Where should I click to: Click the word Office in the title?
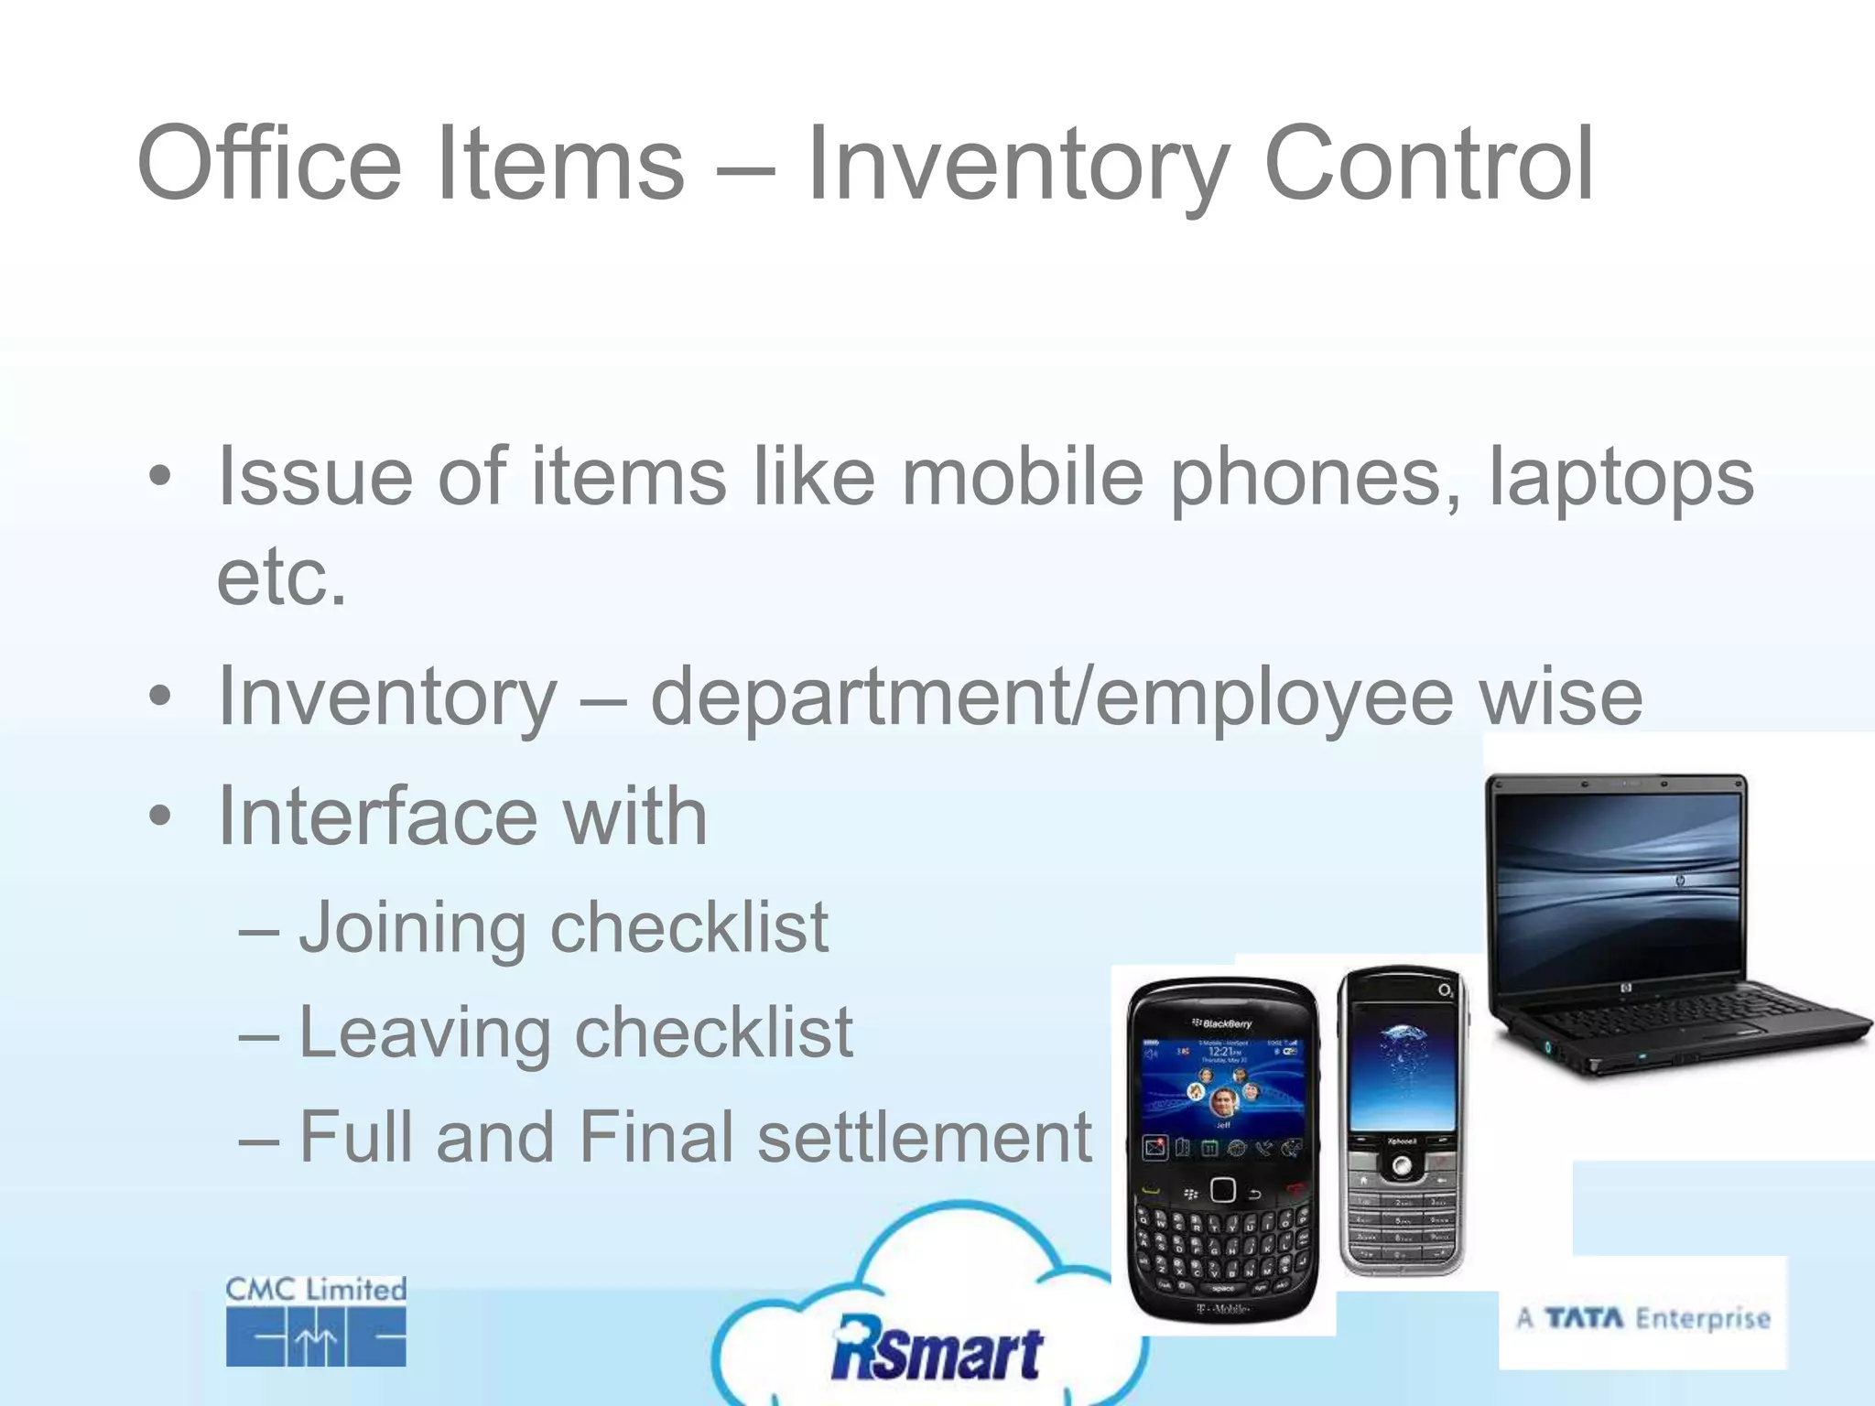coord(269,165)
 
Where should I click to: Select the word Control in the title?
coord(1428,165)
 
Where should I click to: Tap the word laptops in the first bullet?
coord(1620,478)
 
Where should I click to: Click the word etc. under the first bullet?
coord(282,579)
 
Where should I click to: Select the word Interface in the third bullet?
coord(377,817)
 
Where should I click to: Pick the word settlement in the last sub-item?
coord(925,1138)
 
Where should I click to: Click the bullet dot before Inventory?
coord(160,698)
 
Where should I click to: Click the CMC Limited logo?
coord(316,1321)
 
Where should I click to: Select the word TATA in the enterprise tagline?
coord(1584,1318)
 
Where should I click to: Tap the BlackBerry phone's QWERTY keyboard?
coord(1222,1245)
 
